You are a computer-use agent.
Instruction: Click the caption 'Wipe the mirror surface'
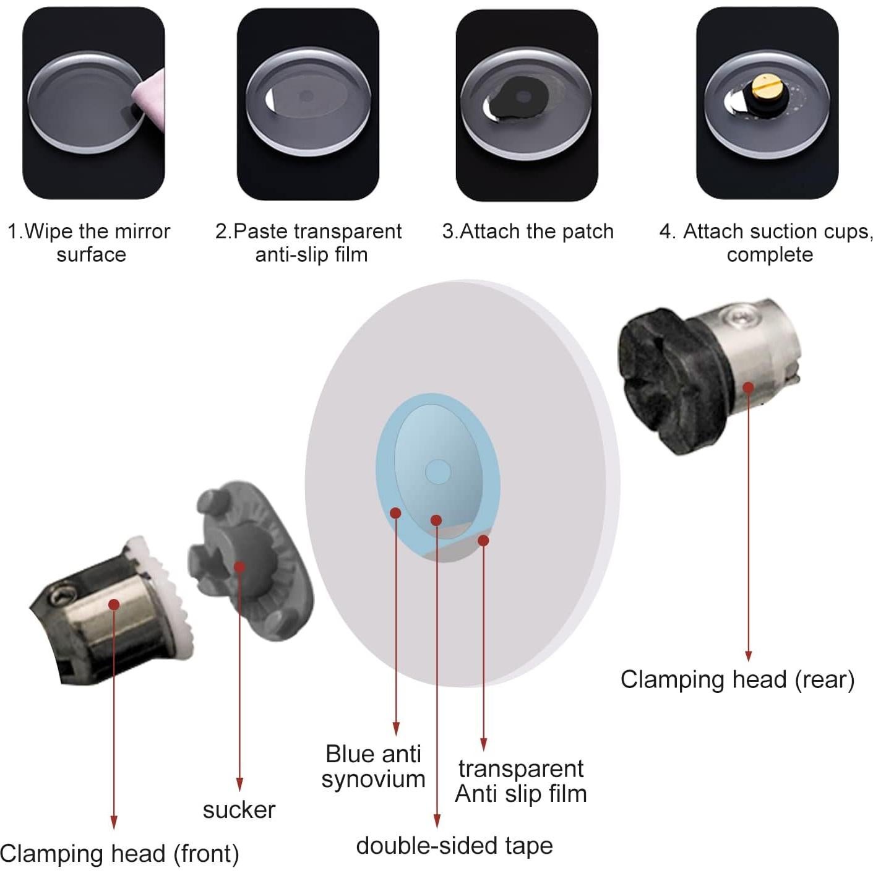[90, 243]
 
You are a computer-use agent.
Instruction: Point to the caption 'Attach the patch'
[528, 231]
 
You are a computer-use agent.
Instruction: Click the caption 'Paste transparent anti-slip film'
[309, 243]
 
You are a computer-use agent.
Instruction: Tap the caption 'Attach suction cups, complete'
[767, 243]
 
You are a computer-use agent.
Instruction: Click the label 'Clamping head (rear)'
[737, 679]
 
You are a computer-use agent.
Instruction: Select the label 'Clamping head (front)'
[119, 853]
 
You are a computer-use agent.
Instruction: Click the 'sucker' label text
[239, 809]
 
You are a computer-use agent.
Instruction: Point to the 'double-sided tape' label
[454, 845]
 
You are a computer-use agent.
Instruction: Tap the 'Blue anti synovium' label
[373, 766]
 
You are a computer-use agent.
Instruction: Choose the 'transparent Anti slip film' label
[520, 781]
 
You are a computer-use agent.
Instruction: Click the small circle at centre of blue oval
[437, 471]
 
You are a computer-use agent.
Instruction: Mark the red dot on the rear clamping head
[748, 388]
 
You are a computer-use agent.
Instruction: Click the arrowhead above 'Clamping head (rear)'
[748, 656]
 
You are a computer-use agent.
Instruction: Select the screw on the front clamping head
[62, 598]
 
